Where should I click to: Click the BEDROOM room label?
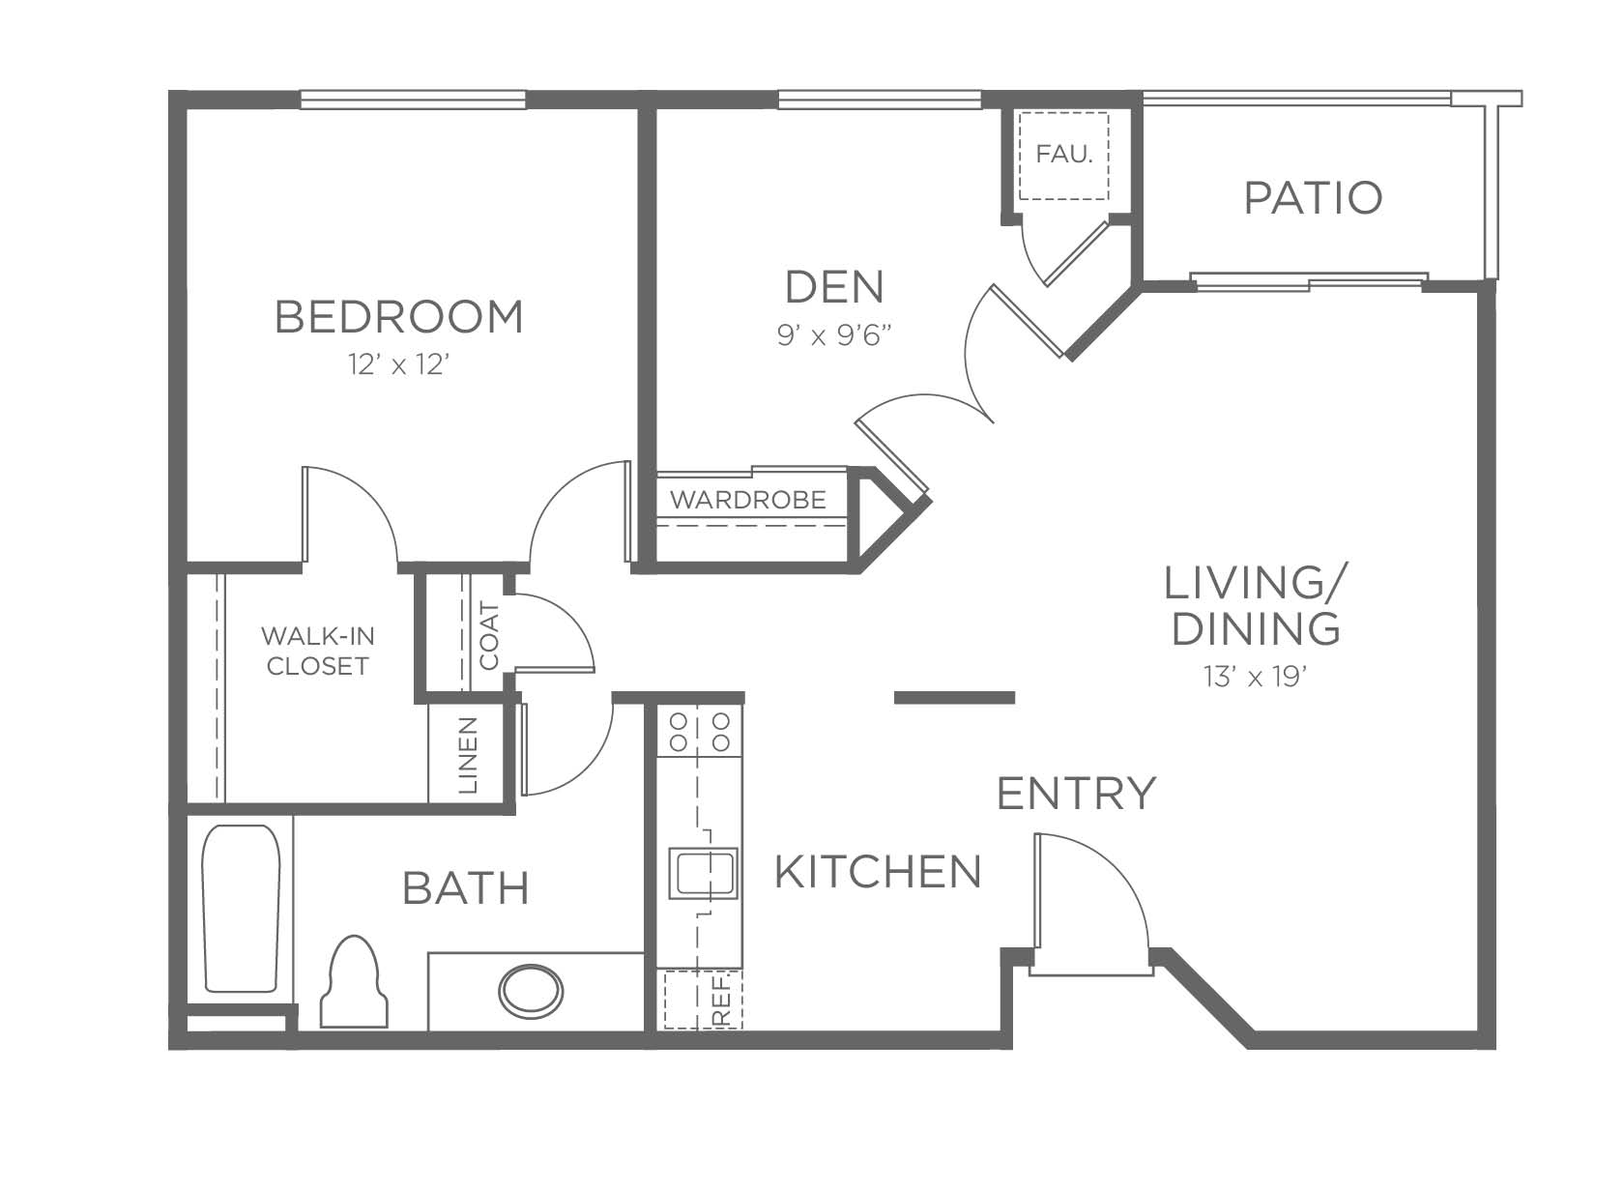pos(398,317)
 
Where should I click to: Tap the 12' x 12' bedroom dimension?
pos(399,364)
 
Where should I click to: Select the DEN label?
pos(834,286)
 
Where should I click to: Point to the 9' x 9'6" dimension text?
pos(833,334)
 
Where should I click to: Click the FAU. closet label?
pos(1063,154)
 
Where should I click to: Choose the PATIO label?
pos(1313,198)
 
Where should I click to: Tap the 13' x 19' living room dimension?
pos(1255,677)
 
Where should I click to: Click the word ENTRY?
pos(1076,793)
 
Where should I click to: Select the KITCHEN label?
pos(878,872)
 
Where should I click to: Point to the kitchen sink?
pos(703,874)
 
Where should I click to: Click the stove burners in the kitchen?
pos(700,732)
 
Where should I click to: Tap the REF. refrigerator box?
pos(704,1000)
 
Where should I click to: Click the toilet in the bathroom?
pos(354,982)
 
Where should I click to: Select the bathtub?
pos(241,909)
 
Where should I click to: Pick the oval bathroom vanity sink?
pos(531,991)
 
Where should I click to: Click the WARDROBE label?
pos(748,500)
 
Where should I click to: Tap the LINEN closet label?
pos(469,755)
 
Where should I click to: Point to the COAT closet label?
pos(489,636)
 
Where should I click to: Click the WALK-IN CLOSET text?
pos(317,652)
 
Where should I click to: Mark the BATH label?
pos(466,889)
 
